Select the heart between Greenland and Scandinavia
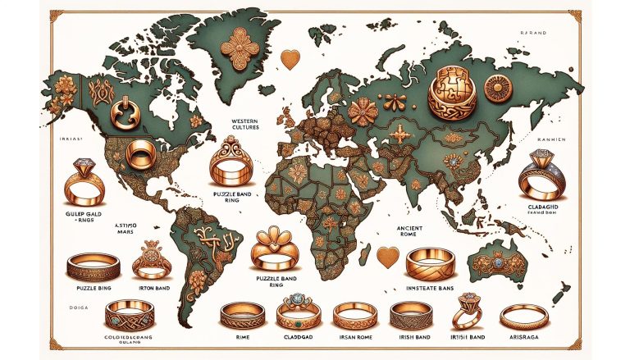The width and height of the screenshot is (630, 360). [x=289, y=59]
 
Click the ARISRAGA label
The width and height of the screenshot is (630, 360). [x=523, y=335]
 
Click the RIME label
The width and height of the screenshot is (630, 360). [x=241, y=335]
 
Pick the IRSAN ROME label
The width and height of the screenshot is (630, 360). [x=354, y=335]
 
